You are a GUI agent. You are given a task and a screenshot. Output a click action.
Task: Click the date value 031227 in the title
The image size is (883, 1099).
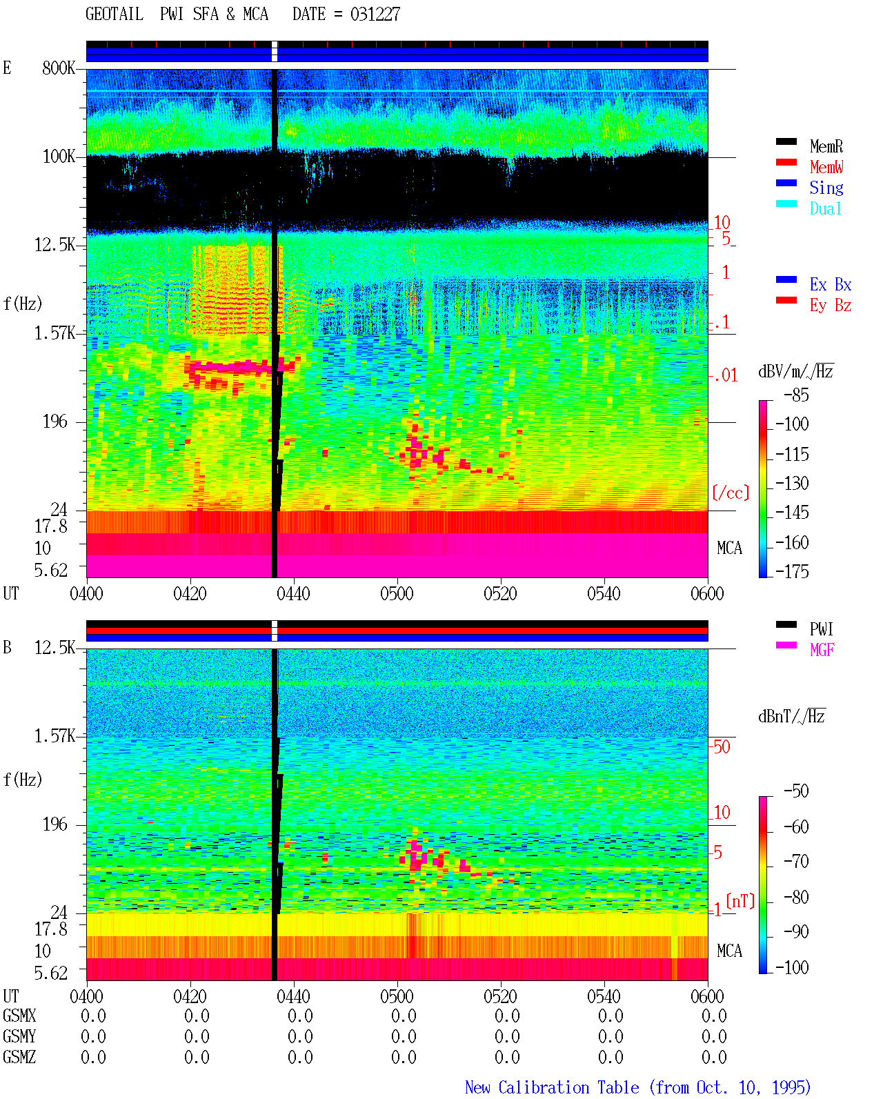[375, 14]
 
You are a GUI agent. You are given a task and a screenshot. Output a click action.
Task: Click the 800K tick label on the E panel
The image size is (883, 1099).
[59, 68]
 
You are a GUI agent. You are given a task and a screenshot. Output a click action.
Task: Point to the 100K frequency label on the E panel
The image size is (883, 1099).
[59, 157]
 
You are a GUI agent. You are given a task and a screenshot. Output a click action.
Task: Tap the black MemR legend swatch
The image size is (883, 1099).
[786, 141]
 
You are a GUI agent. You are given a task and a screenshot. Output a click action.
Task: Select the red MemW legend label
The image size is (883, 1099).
[826, 167]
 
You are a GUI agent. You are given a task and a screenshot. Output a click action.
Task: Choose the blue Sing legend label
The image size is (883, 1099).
[826, 188]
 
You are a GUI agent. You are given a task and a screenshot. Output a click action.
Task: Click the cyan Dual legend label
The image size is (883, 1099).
[826, 208]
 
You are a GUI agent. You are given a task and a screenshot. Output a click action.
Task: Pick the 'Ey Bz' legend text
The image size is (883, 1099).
[831, 306]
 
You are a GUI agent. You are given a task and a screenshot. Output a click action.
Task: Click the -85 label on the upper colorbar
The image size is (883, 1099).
[796, 395]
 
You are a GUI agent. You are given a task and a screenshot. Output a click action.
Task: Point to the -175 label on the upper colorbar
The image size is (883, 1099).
[792, 571]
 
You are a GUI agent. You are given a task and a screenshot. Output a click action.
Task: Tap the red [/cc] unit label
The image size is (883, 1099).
[731, 493]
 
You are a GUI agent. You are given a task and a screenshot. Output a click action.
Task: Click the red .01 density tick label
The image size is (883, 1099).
[725, 376]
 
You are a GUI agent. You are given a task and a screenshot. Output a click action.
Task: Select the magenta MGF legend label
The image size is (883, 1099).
[822, 650]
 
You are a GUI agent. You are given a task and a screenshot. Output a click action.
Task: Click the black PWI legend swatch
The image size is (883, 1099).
[786, 624]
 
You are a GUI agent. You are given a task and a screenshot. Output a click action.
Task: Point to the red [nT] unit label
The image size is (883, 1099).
[740, 901]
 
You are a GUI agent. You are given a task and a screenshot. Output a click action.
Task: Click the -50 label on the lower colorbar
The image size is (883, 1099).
[796, 791]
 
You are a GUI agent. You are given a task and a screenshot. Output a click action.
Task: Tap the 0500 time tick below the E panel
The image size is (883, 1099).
[397, 594]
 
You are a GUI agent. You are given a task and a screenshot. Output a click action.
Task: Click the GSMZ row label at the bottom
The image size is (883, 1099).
[19, 1057]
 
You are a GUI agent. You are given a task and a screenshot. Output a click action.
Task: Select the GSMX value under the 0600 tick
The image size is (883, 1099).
[714, 1016]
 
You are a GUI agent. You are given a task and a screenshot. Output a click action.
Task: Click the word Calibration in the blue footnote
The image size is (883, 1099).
[568, 1087]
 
